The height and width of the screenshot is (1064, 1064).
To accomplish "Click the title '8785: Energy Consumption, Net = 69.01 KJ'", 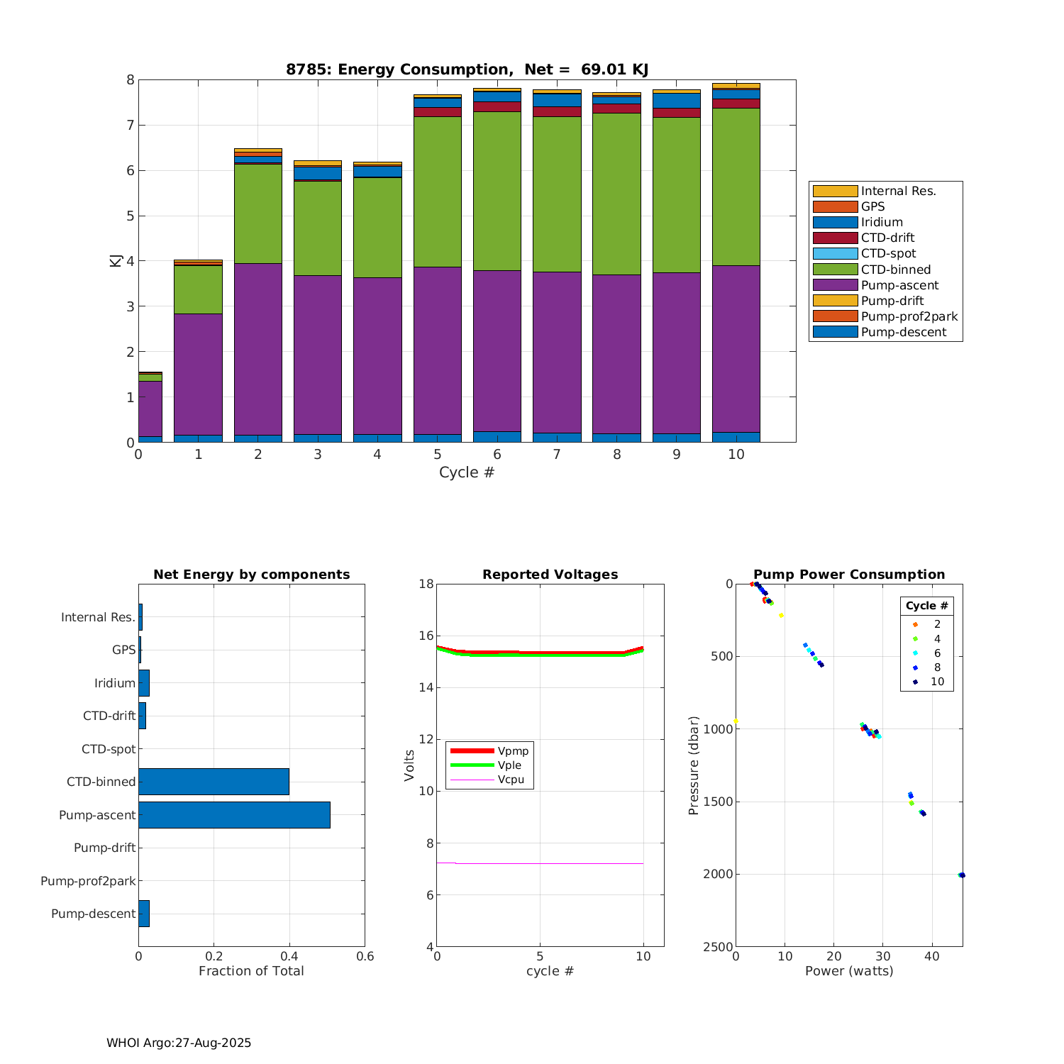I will (x=467, y=70).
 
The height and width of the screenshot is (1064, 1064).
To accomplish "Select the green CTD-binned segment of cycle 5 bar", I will (x=437, y=192).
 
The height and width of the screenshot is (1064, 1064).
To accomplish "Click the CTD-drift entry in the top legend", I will (x=887, y=238).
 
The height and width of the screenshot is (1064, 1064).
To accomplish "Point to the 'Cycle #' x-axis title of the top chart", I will (x=467, y=472).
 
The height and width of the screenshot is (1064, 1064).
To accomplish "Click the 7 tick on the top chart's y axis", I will (x=130, y=126).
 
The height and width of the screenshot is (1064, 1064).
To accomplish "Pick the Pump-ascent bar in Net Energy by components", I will (x=234, y=815).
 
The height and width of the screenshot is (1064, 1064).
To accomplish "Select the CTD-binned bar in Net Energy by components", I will (x=214, y=782).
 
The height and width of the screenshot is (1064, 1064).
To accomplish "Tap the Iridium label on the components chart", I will (x=115, y=683).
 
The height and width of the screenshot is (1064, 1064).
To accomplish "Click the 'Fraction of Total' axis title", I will (x=251, y=971).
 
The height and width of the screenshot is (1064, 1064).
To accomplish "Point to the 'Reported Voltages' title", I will (x=550, y=575).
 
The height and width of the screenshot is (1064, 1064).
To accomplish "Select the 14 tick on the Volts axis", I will (x=426, y=687).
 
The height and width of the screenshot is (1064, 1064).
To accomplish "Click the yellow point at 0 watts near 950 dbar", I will (x=736, y=721).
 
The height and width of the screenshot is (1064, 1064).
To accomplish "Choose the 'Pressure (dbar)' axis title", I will (x=693, y=765).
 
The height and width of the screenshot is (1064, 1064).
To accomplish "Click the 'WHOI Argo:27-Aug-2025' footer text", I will (x=179, y=1043).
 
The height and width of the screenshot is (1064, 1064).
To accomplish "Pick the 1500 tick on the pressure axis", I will (x=719, y=802).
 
